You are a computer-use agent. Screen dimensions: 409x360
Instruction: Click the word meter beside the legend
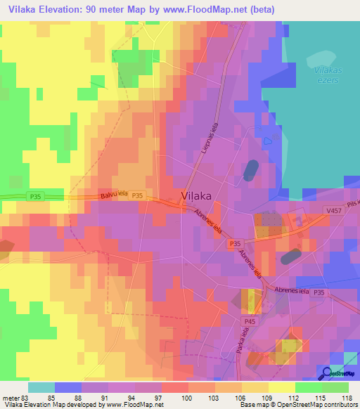10,398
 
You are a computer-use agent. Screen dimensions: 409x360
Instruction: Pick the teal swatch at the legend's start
41,387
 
